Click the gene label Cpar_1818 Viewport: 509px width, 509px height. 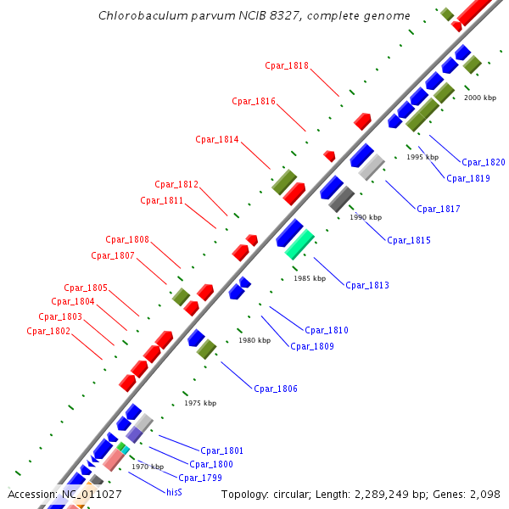[x=287, y=65]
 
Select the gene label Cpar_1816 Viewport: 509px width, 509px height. [x=254, y=101]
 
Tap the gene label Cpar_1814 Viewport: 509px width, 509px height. [x=217, y=139]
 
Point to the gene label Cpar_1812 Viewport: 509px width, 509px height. [x=176, y=184]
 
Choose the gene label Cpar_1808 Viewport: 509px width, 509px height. [x=127, y=239]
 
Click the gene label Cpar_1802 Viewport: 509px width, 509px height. [x=48, y=331]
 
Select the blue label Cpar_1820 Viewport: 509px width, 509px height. [x=484, y=162]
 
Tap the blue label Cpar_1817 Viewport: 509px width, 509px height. [x=439, y=209]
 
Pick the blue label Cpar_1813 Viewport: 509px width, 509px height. [x=367, y=285]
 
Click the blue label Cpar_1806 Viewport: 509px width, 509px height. [x=276, y=389]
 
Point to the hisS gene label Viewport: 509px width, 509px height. [x=174, y=491]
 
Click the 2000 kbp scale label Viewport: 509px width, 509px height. [x=480, y=98]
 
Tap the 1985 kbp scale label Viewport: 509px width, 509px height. [x=310, y=278]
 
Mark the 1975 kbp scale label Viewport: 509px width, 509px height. [x=200, y=403]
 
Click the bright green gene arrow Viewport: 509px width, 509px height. [x=299, y=244]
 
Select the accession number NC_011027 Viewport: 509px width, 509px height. [x=92, y=494]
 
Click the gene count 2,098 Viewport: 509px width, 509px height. [x=481, y=494]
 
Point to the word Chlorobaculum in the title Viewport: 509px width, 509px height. [x=137, y=16]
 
